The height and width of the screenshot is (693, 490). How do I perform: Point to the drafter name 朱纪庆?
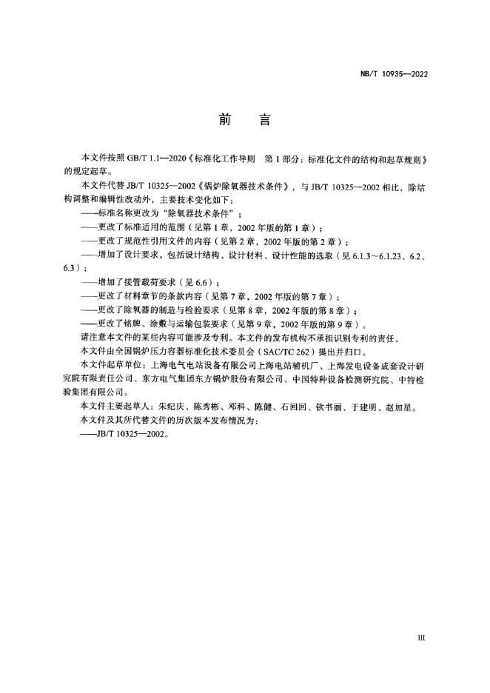click(171, 406)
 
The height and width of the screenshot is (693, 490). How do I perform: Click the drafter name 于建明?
click(382, 406)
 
